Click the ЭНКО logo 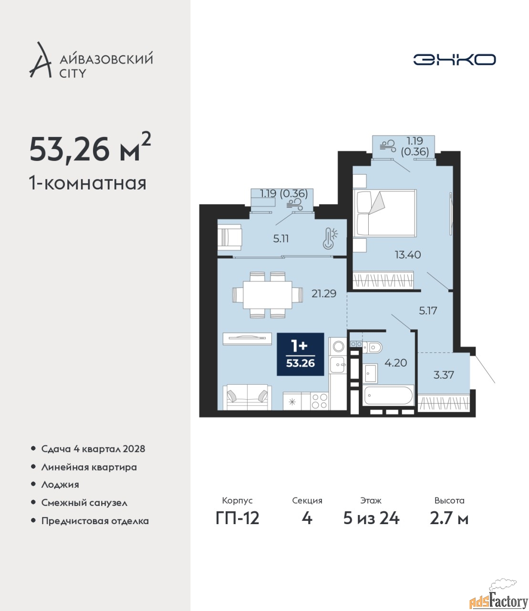(454, 59)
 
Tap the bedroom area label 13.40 (408, 254)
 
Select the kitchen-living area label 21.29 (324, 294)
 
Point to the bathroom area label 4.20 (395, 363)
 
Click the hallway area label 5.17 (428, 311)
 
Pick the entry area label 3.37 (443, 375)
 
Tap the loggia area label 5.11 (280, 239)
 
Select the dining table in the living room (267, 295)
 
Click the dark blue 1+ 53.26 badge (300, 354)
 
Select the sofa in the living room (247, 397)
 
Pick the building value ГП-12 (237, 518)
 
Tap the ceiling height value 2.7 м (449, 518)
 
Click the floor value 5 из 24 (371, 518)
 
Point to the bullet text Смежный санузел (84, 503)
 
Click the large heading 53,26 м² (90, 150)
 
